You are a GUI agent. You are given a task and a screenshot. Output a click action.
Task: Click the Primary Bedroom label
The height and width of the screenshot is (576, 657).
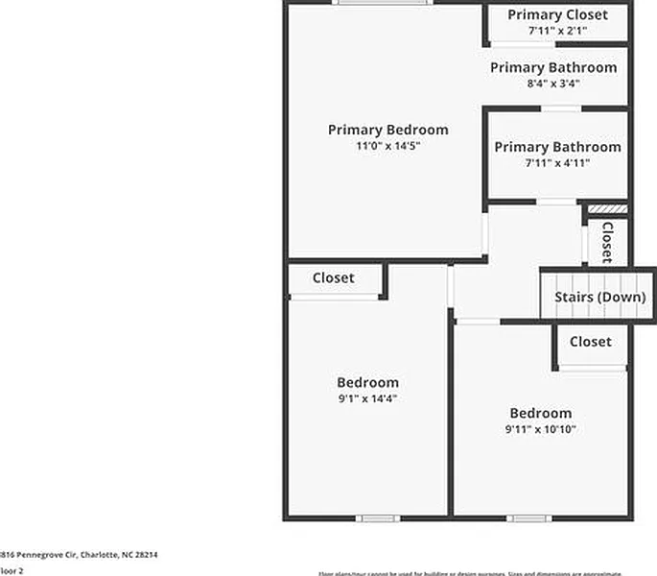click(387, 130)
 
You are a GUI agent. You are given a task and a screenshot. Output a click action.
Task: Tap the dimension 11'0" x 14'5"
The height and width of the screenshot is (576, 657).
click(387, 146)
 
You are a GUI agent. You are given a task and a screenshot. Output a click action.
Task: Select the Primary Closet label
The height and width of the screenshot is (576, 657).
click(557, 14)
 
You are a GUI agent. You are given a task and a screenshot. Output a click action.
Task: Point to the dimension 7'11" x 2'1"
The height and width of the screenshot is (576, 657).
click(557, 31)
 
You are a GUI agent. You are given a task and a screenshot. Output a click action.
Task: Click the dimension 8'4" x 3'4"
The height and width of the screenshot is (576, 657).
click(553, 84)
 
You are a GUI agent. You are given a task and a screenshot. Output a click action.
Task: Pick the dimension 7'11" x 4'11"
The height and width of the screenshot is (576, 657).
click(557, 163)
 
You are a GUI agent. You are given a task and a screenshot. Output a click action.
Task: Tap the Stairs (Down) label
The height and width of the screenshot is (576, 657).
click(599, 297)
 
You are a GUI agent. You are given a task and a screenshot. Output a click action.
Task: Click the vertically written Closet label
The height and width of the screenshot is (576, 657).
click(606, 242)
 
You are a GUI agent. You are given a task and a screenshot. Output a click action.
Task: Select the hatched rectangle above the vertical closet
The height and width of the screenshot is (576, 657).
click(607, 208)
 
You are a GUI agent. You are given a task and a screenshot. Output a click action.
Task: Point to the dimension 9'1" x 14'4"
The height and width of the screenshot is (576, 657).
click(367, 398)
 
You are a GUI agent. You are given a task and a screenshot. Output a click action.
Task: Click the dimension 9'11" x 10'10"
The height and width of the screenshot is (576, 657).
click(541, 429)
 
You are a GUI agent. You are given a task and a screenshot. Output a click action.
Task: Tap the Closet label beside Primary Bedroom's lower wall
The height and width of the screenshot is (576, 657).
click(333, 277)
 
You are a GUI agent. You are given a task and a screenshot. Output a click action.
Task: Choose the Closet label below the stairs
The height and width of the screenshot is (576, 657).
click(590, 342)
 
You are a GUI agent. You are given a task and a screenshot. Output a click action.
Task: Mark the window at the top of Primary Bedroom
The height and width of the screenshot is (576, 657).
click(382, 3)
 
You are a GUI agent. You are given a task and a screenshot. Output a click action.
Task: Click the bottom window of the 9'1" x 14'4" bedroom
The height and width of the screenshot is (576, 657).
click(378, 518)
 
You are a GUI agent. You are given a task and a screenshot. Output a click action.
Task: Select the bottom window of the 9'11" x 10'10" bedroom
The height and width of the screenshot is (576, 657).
click(528, 518)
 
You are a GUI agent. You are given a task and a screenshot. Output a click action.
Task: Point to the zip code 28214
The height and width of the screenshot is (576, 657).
click(145, 554)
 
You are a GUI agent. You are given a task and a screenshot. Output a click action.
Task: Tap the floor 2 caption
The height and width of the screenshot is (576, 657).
click(12, 570)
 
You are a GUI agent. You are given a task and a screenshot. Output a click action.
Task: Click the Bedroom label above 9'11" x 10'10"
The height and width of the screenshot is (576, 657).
click(541, 413)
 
